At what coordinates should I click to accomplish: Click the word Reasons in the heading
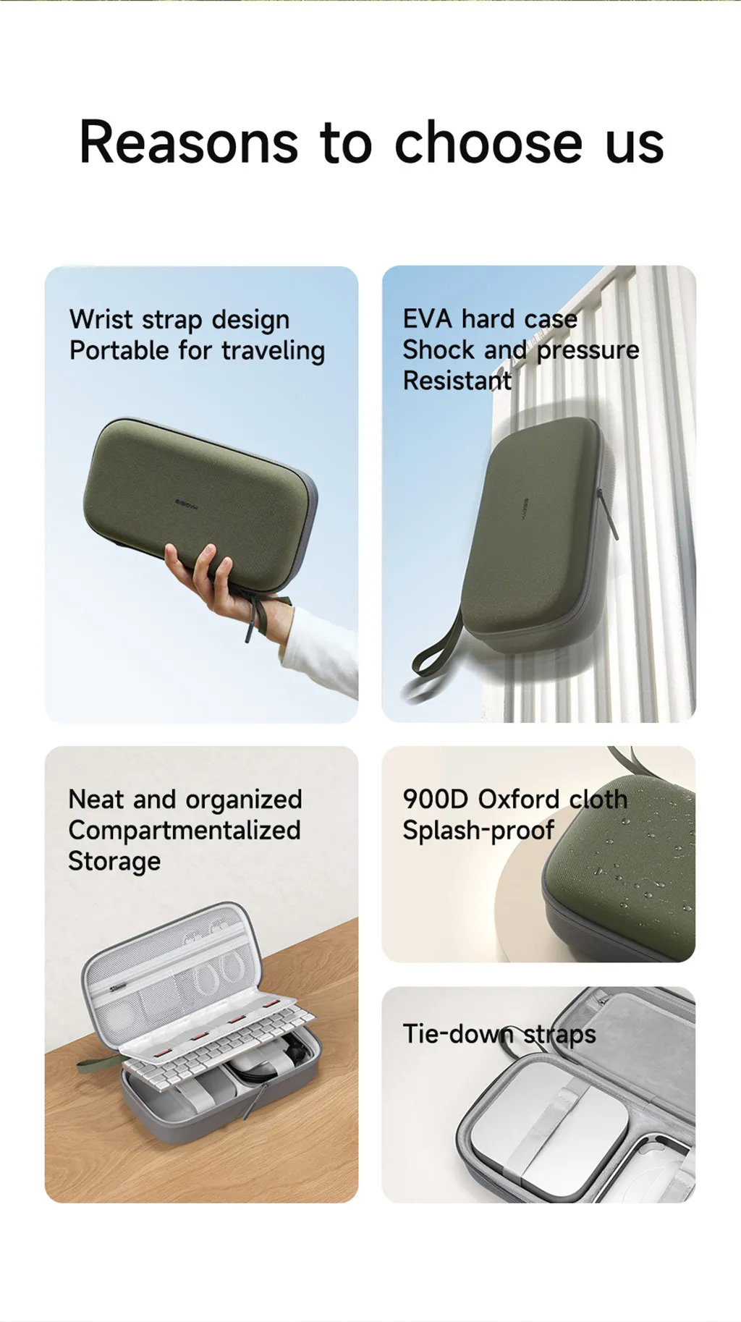coord(189,142)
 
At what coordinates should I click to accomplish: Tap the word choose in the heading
coord(488,142)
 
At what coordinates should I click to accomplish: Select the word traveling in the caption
coord(273,351)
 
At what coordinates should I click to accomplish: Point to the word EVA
coord(428,318)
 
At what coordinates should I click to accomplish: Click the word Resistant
coord(457,381)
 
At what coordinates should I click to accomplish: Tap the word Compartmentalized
coord(185,831)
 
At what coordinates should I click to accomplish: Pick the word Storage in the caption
coord(114,862)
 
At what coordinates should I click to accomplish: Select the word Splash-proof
coord(478,831)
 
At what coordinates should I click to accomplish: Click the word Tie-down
coord(458,1033)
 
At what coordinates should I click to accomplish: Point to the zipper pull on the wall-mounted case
coord(608,514)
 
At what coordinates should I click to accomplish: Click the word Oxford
coord(518,799)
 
